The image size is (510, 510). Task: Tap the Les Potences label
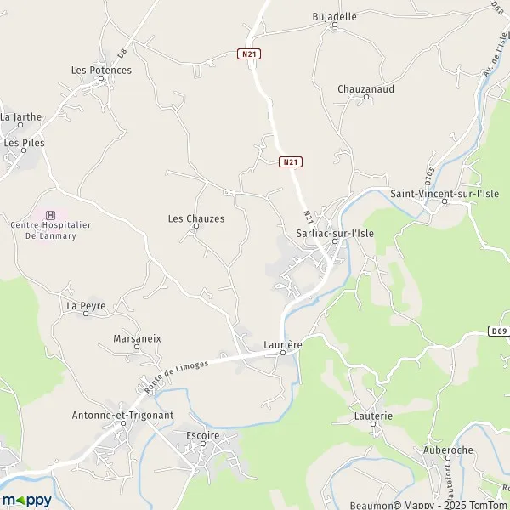(101, 70)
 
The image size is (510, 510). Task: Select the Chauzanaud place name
(365, 88)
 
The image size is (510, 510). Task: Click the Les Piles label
(24, 143)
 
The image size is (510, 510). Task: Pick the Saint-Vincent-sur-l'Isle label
(445, 194)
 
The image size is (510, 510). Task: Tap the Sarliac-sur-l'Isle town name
(335, 229)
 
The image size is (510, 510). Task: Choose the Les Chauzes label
(196, 218)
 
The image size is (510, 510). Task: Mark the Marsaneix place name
(137, 338)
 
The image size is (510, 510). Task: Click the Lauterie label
(374, 416)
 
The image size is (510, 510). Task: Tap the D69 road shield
(499, 331)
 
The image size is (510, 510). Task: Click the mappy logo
(26, 500)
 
